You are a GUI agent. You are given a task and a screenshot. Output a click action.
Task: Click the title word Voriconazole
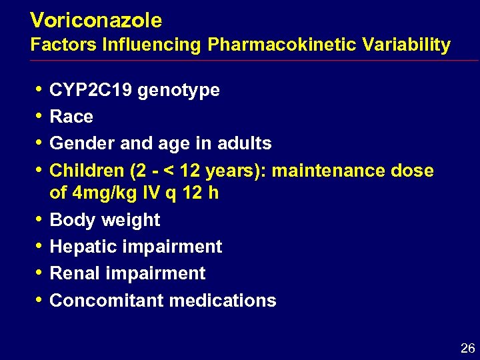click(96, 21)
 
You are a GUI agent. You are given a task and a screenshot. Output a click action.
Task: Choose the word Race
click(71, 117)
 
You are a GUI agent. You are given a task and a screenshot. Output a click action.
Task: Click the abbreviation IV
click(153, 193)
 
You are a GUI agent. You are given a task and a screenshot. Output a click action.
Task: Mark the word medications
click(222, 300)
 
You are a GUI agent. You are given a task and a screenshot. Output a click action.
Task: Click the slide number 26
click(467, 348)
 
